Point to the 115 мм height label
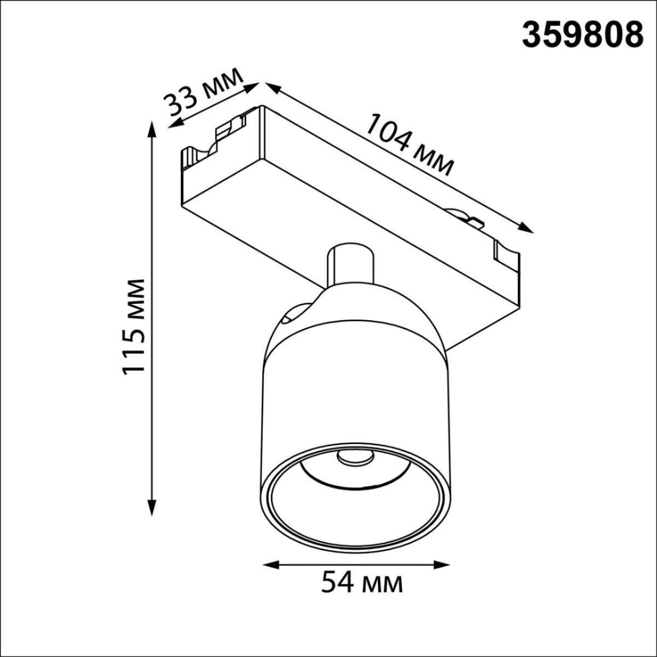coord(134,326)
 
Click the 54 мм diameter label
coord(361,583)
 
